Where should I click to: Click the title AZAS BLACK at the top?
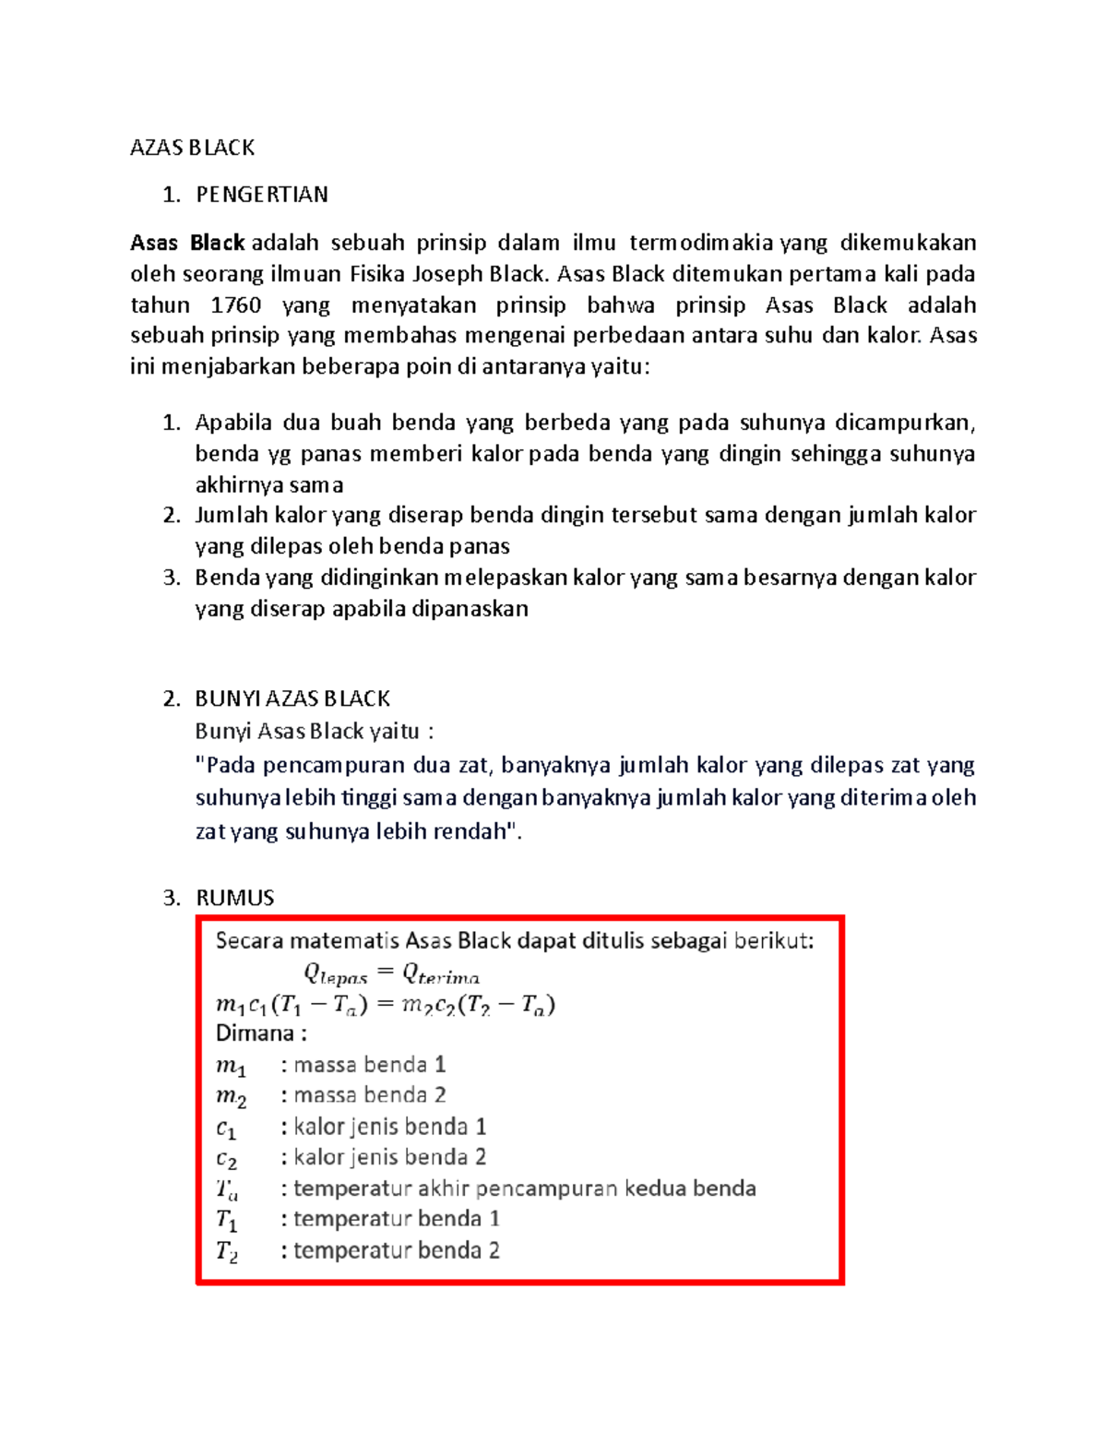(192, 148)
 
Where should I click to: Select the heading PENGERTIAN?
(262, 195)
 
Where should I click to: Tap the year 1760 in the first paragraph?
(236, 305)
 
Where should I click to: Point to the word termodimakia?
(701, 243)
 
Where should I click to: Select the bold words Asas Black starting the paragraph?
(187, 243)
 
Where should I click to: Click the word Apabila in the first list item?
(232, 423)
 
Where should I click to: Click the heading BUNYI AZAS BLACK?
(292, 699)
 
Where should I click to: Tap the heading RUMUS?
(235, 898)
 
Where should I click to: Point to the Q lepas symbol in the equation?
(335, 973)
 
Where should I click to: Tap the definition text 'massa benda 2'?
(369, 1095)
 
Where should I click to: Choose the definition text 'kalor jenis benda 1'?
(389, 1127)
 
